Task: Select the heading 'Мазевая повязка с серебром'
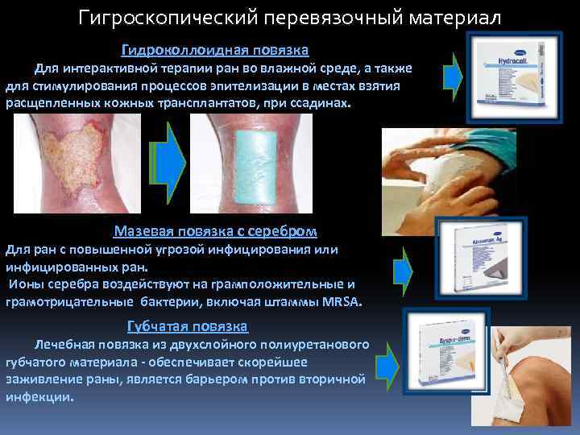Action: [215, 231]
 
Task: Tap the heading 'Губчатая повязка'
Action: [188, 326]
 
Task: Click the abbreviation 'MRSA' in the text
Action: [342, 302]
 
